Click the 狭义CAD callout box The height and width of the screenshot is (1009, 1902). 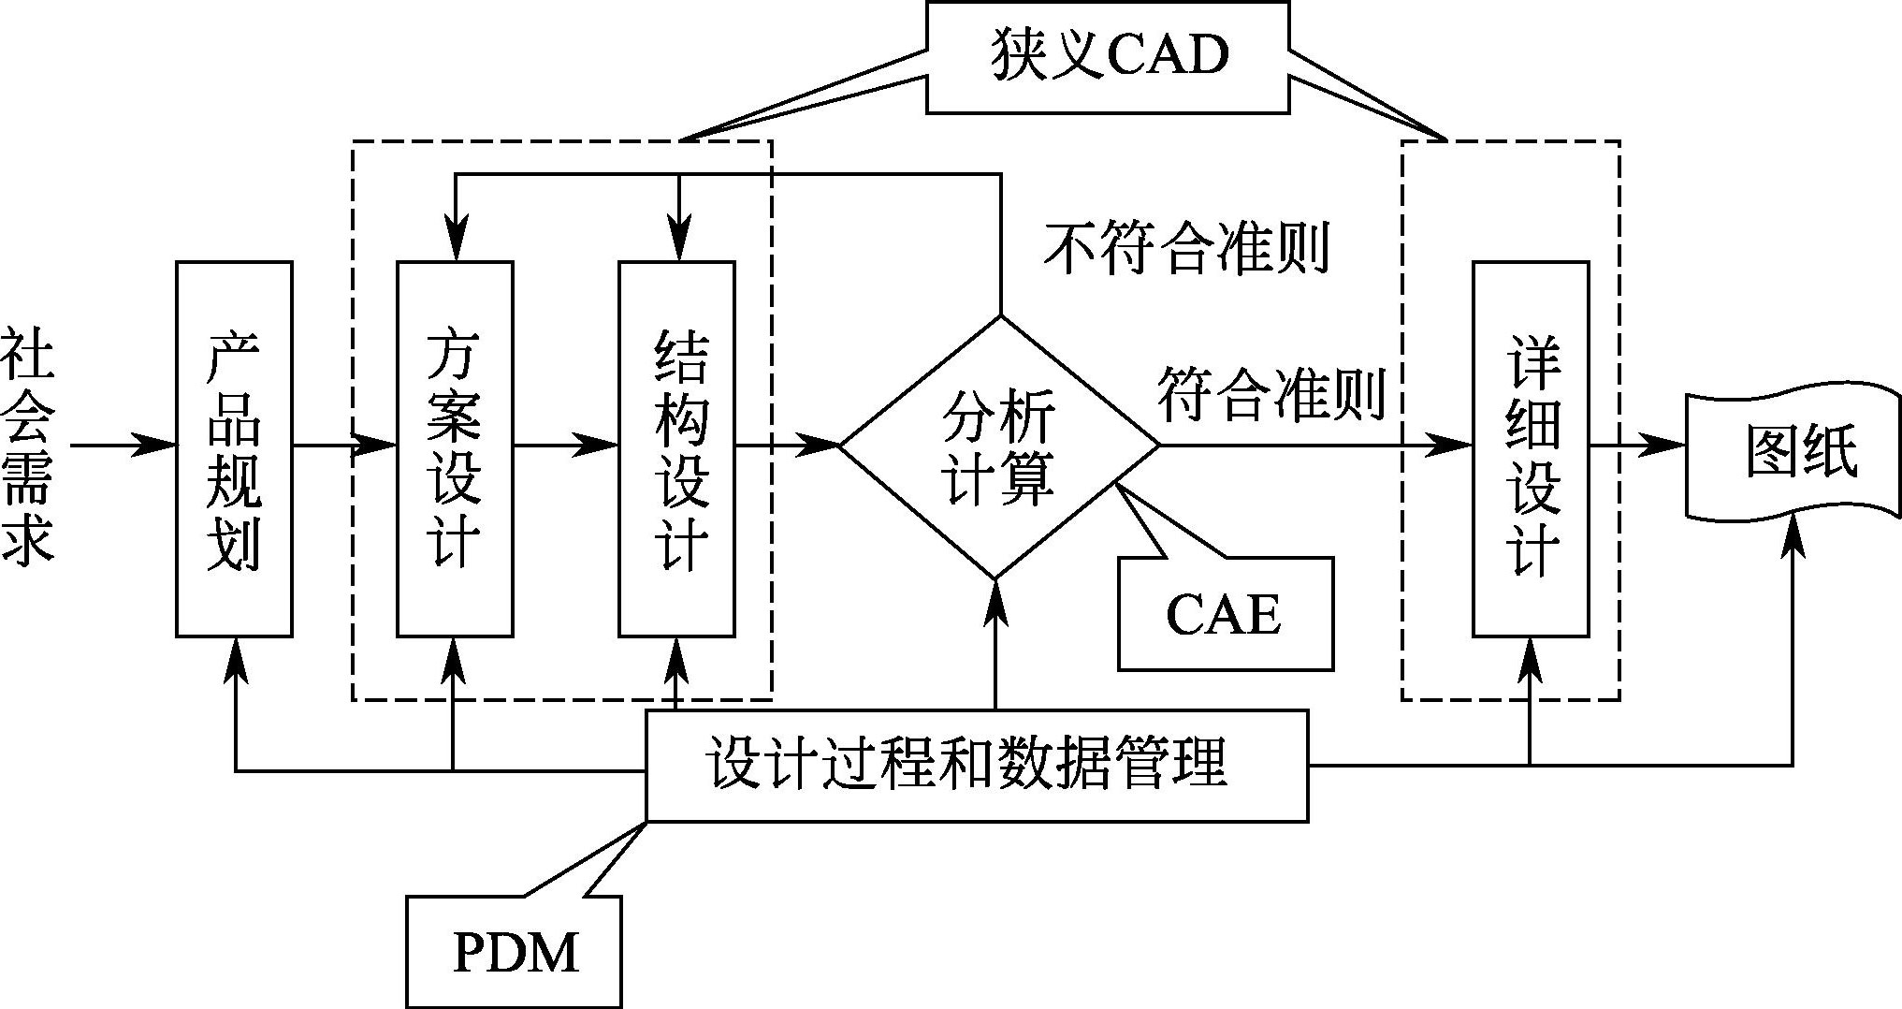click(1108, 57)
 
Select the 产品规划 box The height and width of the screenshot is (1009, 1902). click(234, 449)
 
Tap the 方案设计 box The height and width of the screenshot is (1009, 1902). click(455, 449)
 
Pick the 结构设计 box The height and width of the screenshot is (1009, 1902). click(676, 449)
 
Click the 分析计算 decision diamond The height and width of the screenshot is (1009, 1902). click(998, 447)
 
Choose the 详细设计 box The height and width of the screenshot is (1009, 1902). click(1531, 449)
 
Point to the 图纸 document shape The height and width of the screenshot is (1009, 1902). click(1792, 454)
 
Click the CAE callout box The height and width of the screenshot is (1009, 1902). click(1225, 614)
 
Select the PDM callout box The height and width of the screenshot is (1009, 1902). click(514, 951)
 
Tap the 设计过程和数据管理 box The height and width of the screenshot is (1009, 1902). click(976, 766)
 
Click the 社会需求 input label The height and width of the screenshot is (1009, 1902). click(28, 446)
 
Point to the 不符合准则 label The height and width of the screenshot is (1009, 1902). click(1186, 249)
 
